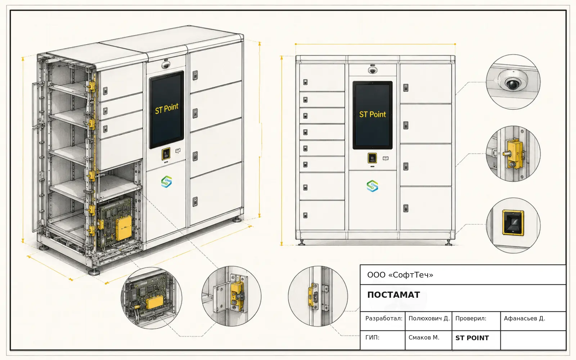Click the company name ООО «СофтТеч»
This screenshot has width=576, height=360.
click(x=400, y=275)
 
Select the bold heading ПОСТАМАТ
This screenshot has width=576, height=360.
click(x=393, y=295)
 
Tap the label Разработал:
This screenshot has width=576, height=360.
click(x=384, y=318)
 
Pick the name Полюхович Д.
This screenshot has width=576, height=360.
click(x=429, y=318)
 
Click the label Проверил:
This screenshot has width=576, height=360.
click(x=471, y=318)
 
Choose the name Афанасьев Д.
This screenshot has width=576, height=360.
click(x=524, y=318)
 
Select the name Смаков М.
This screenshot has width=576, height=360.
click(x=424, y=337)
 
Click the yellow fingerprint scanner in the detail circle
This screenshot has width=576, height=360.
click(x=513, y=223)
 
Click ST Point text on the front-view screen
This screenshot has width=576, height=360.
click(x=372, y=114)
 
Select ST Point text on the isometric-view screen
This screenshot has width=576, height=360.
click(x=167, y=108)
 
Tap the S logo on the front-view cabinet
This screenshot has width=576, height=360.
click(x=372, y=186)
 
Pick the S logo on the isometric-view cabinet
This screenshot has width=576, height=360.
click(x=166, y=181)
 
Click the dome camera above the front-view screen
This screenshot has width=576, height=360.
click(x=372, y=70)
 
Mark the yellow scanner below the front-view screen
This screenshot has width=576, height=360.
click(x=372, y=158)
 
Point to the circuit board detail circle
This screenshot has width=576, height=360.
click(x=152, y=298)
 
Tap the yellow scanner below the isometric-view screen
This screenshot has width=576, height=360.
click(x=166, y=154)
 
